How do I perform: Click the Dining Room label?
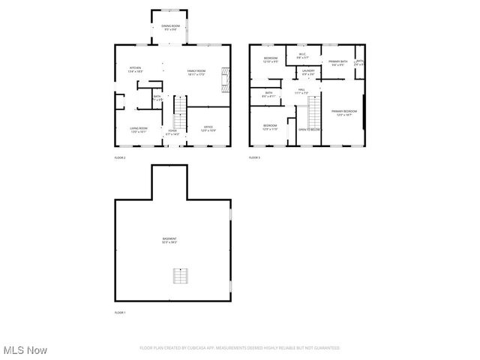(169, 28)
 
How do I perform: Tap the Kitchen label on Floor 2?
(135, 70)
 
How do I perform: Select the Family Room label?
(197, 71)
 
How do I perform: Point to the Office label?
(208, 128)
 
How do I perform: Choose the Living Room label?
(138, 129)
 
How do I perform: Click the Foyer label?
(172, 132)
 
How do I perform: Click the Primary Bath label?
(337, 63)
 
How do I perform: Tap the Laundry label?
(308, 73)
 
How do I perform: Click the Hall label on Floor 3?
(301, 91)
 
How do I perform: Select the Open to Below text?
(310, 129)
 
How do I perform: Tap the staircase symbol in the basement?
(179, 275)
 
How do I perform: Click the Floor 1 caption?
(120, 312)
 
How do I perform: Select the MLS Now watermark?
(24, 349)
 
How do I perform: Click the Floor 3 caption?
(255, 157)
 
